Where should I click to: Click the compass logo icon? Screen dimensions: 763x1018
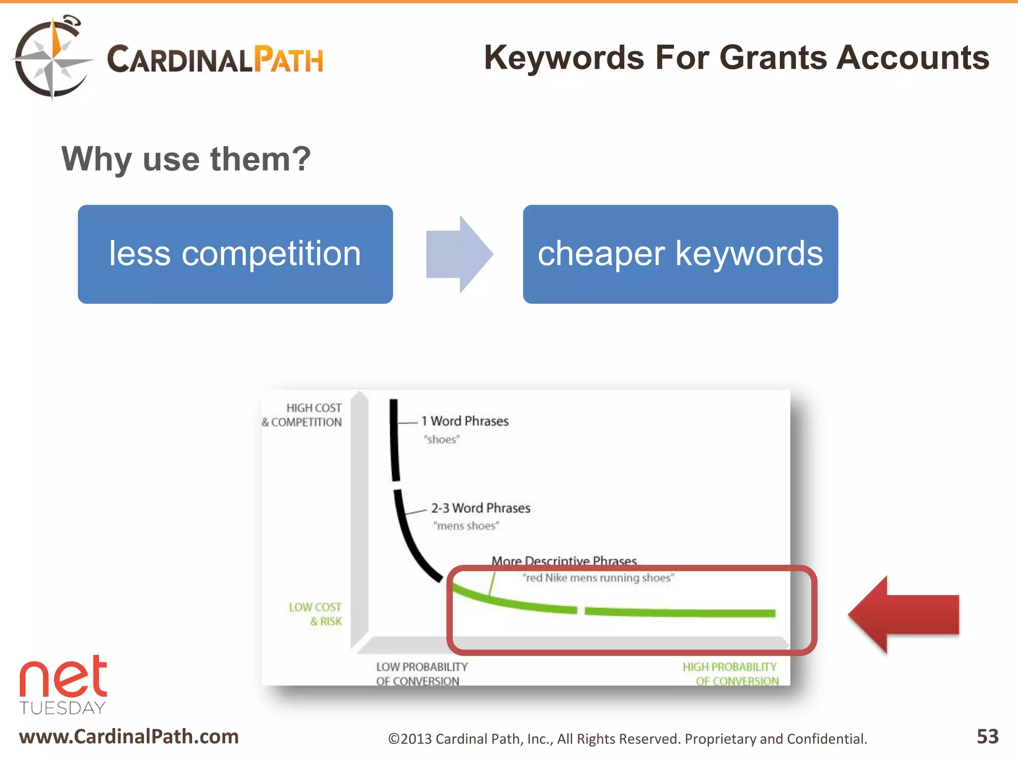click(52, 58)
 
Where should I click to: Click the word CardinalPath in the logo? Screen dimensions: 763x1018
click(215, 60)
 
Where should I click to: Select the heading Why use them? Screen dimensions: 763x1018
click(186, 159)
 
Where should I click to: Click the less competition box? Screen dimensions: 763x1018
click(235, 254)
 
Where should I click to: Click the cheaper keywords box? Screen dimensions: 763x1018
click(680, 254)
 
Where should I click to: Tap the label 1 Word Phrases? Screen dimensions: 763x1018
click(465, 421)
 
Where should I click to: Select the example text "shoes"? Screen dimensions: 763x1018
click(441, 440)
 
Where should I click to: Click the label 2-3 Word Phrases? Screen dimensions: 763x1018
click(480, 508)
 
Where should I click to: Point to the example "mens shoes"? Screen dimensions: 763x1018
click(466, 526)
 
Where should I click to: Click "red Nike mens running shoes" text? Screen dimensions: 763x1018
click(598, 578)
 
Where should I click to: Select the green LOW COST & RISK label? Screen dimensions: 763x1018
click(316, 614)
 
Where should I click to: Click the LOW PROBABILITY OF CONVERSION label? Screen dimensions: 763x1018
click(422, 674)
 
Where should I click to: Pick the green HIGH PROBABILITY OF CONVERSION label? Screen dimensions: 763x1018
click(730, 674)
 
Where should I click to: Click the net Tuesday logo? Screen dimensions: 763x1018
click(63, 685)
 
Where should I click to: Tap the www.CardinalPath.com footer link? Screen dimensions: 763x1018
click(129, 736)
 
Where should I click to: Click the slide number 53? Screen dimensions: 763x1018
click(987, 736)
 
